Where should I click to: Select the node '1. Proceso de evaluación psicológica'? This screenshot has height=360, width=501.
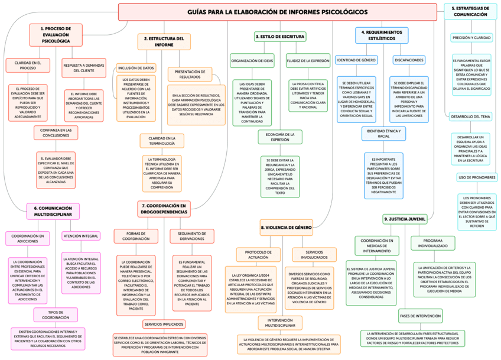(x=56, y=35)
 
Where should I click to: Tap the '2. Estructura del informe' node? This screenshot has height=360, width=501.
(x=164, y=41)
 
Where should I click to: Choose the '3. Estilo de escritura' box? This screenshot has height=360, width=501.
(x=280, y=37)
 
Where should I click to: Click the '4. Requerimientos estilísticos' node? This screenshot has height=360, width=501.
(x=382, y=35)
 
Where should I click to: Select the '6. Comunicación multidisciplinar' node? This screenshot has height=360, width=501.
(x=53, y=212)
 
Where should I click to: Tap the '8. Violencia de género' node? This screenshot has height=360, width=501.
(x=286, y=227)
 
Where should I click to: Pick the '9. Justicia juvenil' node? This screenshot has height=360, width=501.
(x=405, y=219)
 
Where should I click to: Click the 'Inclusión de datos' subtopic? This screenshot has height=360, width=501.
(x=136, y=68)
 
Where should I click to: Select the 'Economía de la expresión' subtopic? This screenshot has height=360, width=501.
(x=280, y=137)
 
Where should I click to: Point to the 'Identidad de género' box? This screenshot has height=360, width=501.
(x=356, y=60)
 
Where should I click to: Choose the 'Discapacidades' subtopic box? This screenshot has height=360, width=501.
(x=409, y=60)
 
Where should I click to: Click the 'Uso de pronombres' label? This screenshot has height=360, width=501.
(x=477, y=177)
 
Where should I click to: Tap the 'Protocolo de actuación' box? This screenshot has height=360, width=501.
(x=259, y=255)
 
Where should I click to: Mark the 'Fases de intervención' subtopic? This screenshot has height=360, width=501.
(x=420, y=316)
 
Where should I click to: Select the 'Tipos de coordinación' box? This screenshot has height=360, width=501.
(x=55, y=314)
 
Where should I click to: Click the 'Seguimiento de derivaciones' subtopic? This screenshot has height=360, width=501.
(x=192, y=236)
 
